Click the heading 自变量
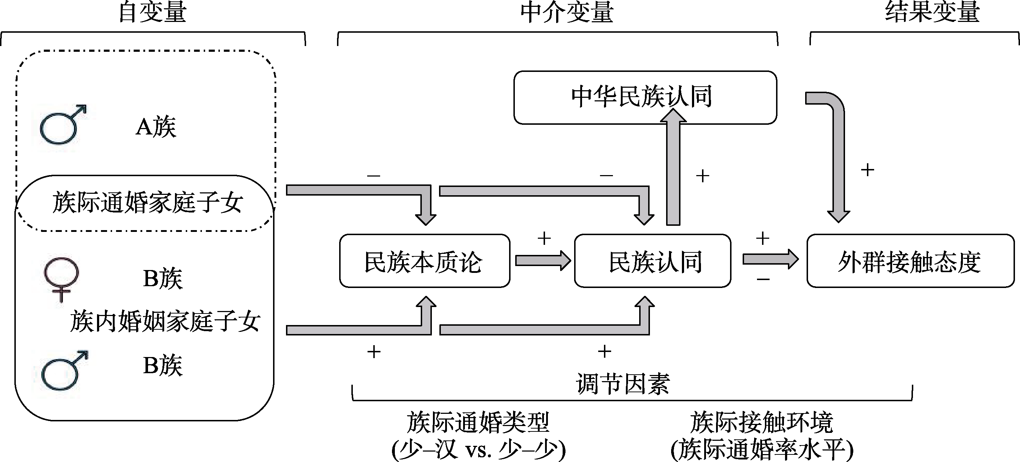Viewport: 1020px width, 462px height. point(152,12)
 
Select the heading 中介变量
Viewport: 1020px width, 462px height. point(567,12)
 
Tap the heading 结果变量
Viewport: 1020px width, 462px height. point(932,12)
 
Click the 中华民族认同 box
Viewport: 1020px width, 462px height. point(645,97)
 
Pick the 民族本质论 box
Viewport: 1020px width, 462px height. point(424,261)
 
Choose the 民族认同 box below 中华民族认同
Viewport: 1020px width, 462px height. point(652,261)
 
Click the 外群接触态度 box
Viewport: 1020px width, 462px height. point(910,261)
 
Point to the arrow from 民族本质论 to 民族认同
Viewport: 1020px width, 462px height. point(543,261)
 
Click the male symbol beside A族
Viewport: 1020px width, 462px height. point(63,124)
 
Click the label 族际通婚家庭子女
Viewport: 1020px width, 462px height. point(147,202)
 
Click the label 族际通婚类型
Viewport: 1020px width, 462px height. point(478,422)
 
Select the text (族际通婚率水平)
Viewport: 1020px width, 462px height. point(762,449)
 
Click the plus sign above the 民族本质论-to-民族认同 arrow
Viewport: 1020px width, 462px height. point(544,238)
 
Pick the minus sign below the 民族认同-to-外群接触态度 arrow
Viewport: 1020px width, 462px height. point(763,280)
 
